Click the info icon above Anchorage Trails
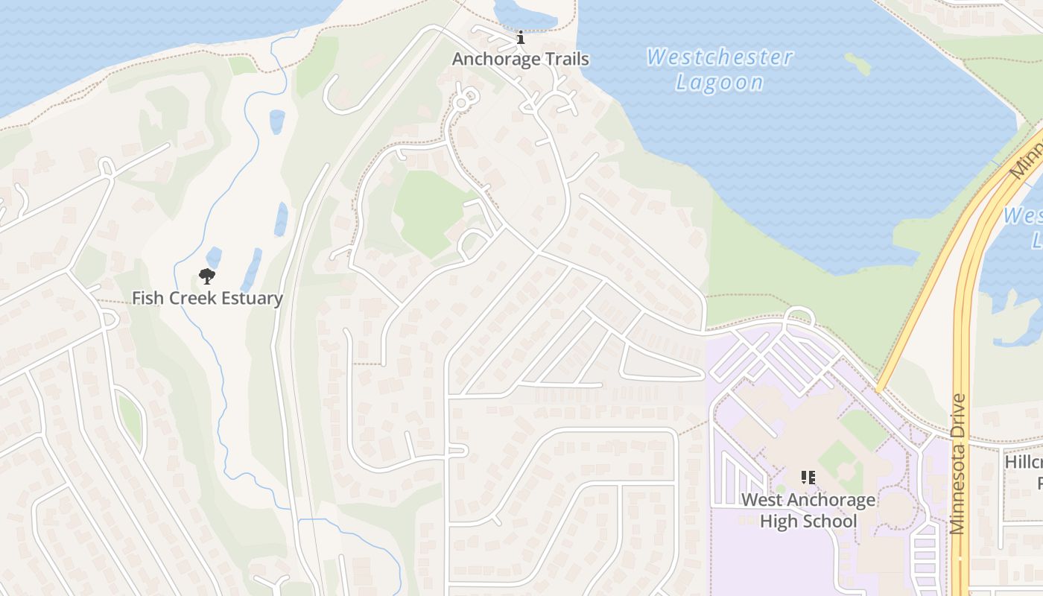pyautogui.click(x=521, y=37)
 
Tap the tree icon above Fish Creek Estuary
pyautogui.click(x=207, y=277)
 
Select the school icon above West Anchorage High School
pyautogui.click(x=808, y=477)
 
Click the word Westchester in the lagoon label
pyautogui.click(x=719, y=57)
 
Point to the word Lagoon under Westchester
pyautogui.click(x=719, y=83)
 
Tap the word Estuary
pyautogui.click(x=248, y=299)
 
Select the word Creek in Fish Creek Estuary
pyautogui.click(x=187, y=299)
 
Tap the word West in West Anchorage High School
pyautogui.click(x=761, y=500)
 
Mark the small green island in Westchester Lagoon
pyautogui.click(x=858, y=64)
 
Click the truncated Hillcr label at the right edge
pyautogui.click(x=1024, y=462)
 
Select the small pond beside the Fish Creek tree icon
pyautogui.click(x=214, y=257)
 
